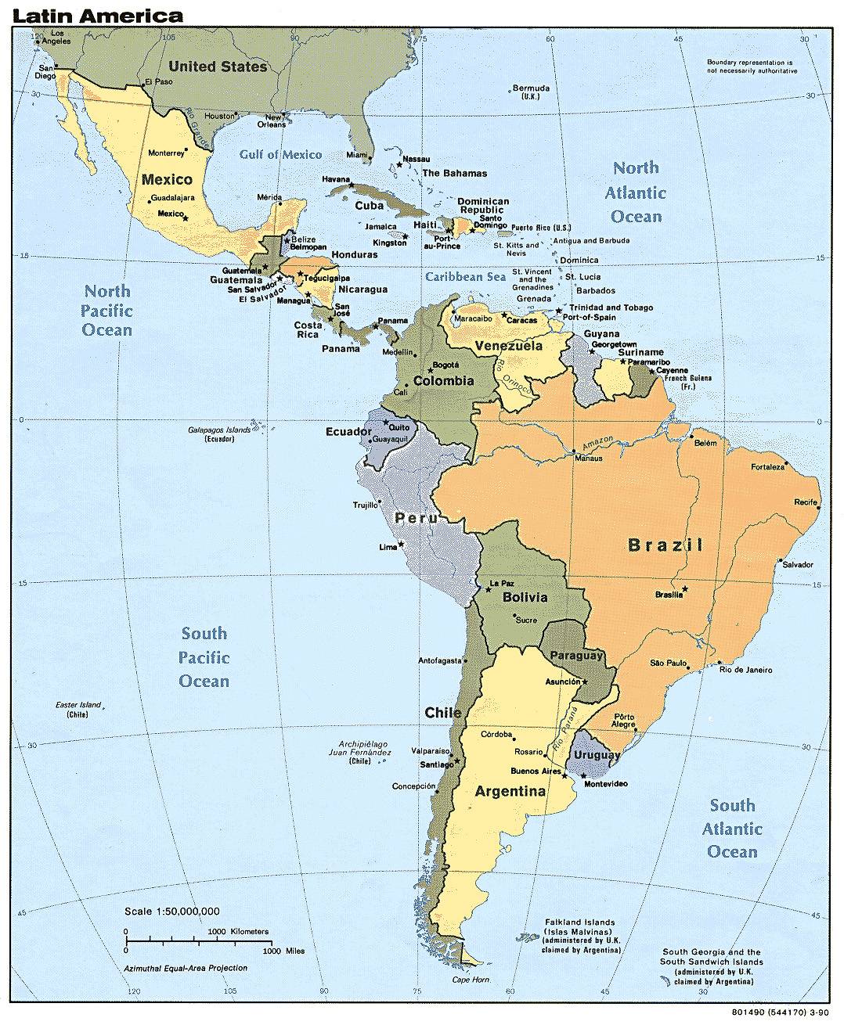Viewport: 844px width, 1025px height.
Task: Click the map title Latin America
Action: click(x=98, y=15)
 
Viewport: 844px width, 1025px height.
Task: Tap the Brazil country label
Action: click(x=665, y=545)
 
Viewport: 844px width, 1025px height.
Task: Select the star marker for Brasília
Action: click(x=686, y=588)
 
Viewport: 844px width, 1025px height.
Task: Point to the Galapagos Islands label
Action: click(x=218, y=434)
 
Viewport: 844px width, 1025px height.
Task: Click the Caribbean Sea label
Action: click(x=465, y=277)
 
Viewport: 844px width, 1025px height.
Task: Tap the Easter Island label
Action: click(x=78, y=710)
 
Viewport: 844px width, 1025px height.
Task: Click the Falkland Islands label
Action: click(x=580, y=936)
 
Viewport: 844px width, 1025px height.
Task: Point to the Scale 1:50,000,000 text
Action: click(x=171, y=911)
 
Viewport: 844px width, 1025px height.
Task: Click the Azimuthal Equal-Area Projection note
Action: click(x=186, y=968)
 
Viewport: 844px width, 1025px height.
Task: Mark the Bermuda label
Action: click(x=531, y=92)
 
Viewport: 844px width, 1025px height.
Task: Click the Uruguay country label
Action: click(x=597, y=756)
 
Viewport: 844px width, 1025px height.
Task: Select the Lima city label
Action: click(x=388, y=547)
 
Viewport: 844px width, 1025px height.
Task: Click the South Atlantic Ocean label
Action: click(x=732, y=829)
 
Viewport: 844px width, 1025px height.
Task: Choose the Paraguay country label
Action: click(x=575, y=655)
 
